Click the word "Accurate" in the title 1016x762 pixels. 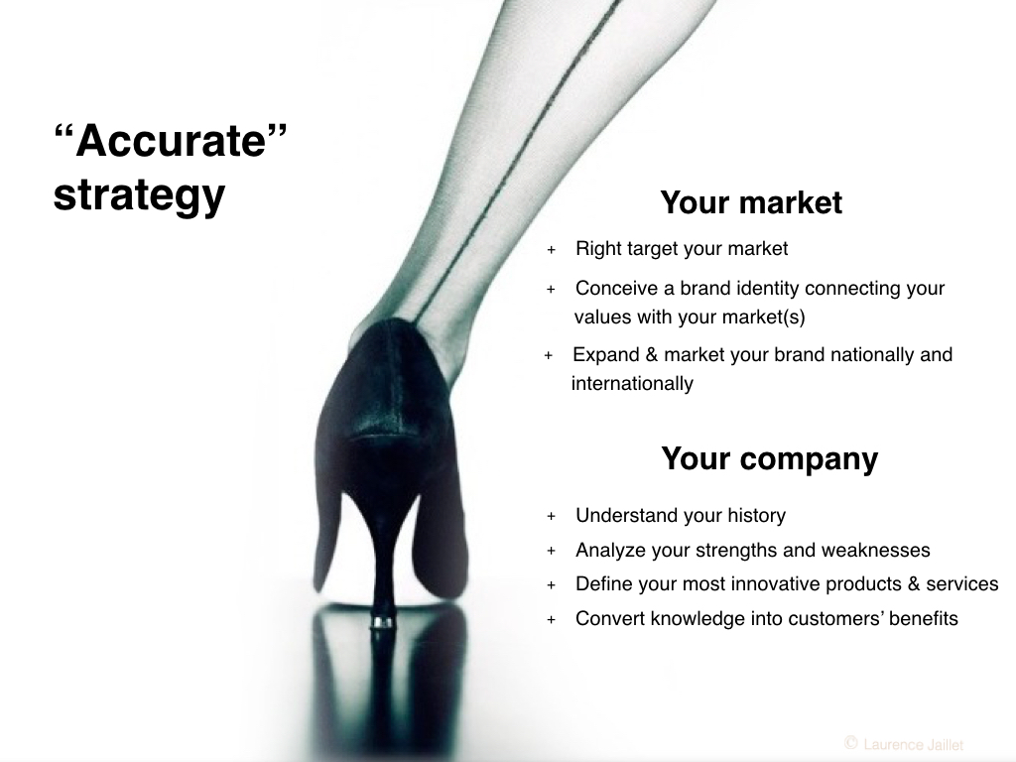(x=171, y=140)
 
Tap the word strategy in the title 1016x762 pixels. (x=139, y=194)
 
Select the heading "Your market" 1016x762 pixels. (x=751, y=202)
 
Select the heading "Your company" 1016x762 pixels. (x=769, y=458)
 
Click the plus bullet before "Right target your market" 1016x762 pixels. (x=552, y=249)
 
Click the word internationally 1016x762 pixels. (x=632, y=383)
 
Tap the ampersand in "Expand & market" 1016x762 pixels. (x=651, y=354)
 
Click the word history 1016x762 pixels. (x=756, y=515)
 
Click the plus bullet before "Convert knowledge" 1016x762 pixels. (x=552, y=619)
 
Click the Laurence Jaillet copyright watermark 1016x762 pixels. (x=904, y=744)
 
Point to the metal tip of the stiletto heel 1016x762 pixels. (x=382, y=623)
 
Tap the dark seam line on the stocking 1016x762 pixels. (x=512, y=162)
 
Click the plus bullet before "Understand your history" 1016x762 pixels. (x=552, y=516)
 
